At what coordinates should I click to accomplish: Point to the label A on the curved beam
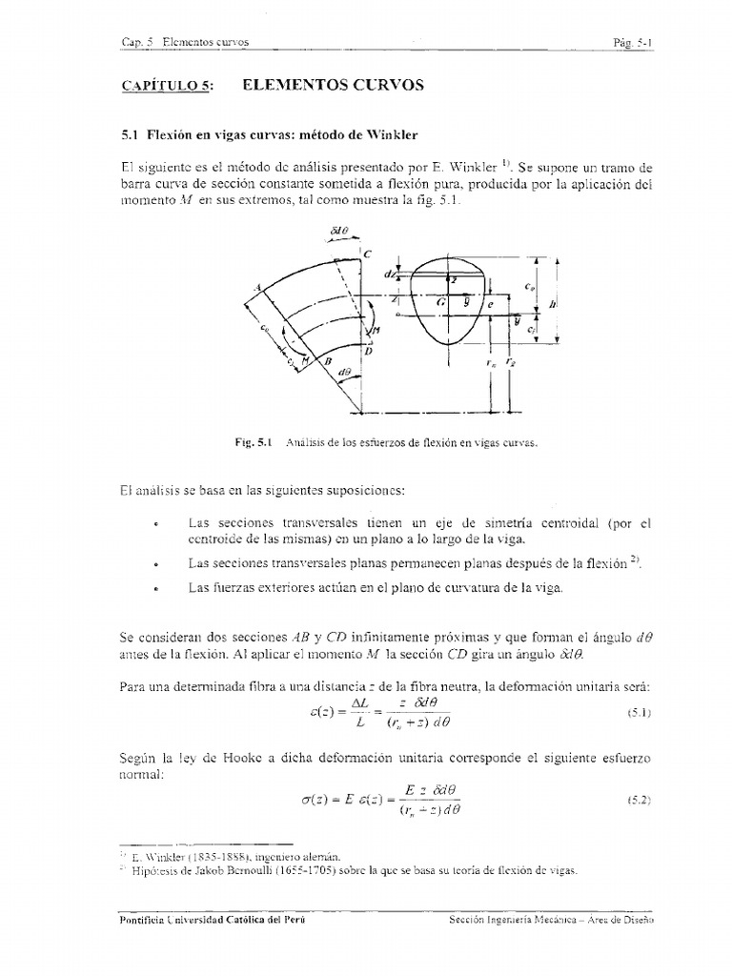click(256, 289)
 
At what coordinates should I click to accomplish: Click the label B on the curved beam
click(326, 362)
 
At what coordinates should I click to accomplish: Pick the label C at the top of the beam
click(367, 254)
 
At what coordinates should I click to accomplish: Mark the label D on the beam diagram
click(369, 352)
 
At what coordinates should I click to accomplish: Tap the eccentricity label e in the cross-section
click(489, 306)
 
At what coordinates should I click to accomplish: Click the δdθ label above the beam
click(340, 231)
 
